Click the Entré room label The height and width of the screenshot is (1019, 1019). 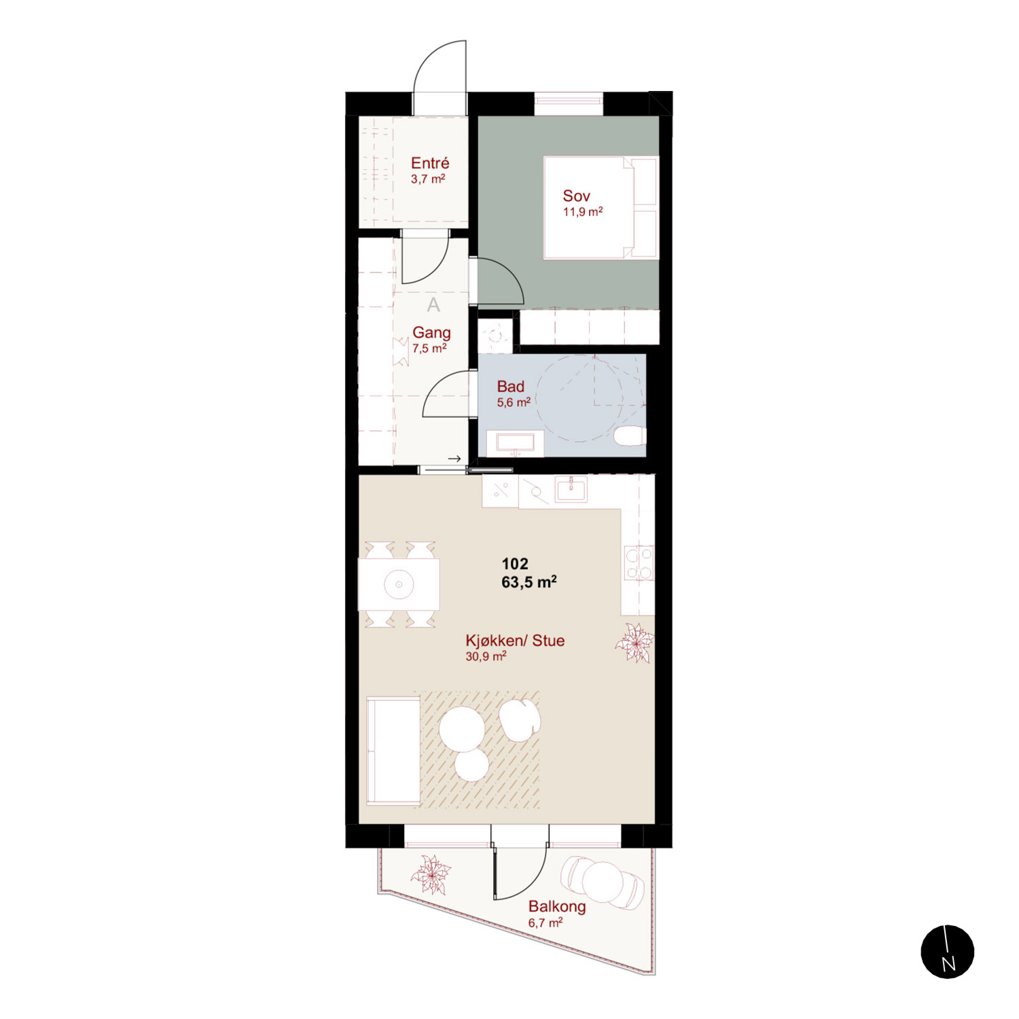click(x=430, y=163)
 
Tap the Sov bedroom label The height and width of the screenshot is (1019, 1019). click(x=576, y=196)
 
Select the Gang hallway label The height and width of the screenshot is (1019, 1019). click(x=431, y=333)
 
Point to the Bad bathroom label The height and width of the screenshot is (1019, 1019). click(x=510, y=387)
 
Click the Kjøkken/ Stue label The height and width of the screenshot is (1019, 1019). click(x=515, y=641)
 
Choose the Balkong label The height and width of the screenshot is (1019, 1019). click(x=557, y=906)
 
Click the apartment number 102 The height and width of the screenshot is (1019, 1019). click(x=515, y=564)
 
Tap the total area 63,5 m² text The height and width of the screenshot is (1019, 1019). click(x=529, y=582)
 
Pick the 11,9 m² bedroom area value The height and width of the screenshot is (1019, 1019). click(x=583, y=212)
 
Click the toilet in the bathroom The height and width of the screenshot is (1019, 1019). click(x=630, y=436)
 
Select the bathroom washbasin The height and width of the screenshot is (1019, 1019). click(x=516, y=443)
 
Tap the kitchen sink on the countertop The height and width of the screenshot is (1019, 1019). click(x=571, y=488)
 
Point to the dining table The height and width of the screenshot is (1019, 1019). click(x=399, y=584)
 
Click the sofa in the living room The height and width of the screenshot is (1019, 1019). click(x=393, y=751)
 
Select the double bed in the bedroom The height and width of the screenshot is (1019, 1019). click(x=601, y=208)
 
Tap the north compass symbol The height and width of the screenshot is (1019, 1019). click(x=948, y=952)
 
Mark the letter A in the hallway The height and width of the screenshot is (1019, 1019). click(x=433, y=306)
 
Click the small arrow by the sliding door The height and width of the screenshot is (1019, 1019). click(x=454, y=459)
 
